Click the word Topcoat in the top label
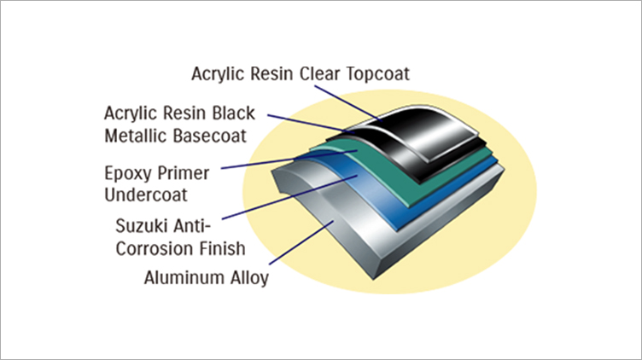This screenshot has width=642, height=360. [377, 74]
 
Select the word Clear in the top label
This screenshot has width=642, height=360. [319, 74]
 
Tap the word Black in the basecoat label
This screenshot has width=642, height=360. [233, 113]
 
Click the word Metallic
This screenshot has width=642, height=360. [136, 136]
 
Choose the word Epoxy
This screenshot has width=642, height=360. [127, 174]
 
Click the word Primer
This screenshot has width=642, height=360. [183, 173]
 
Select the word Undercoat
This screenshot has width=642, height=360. [146, 195]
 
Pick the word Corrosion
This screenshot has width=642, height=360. [155, 249]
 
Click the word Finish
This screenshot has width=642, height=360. [222, 248]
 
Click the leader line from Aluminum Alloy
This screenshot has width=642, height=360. [301, 242]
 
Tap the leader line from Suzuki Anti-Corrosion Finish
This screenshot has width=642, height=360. [289, 197]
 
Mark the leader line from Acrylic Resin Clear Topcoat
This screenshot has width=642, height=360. [348, 103]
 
